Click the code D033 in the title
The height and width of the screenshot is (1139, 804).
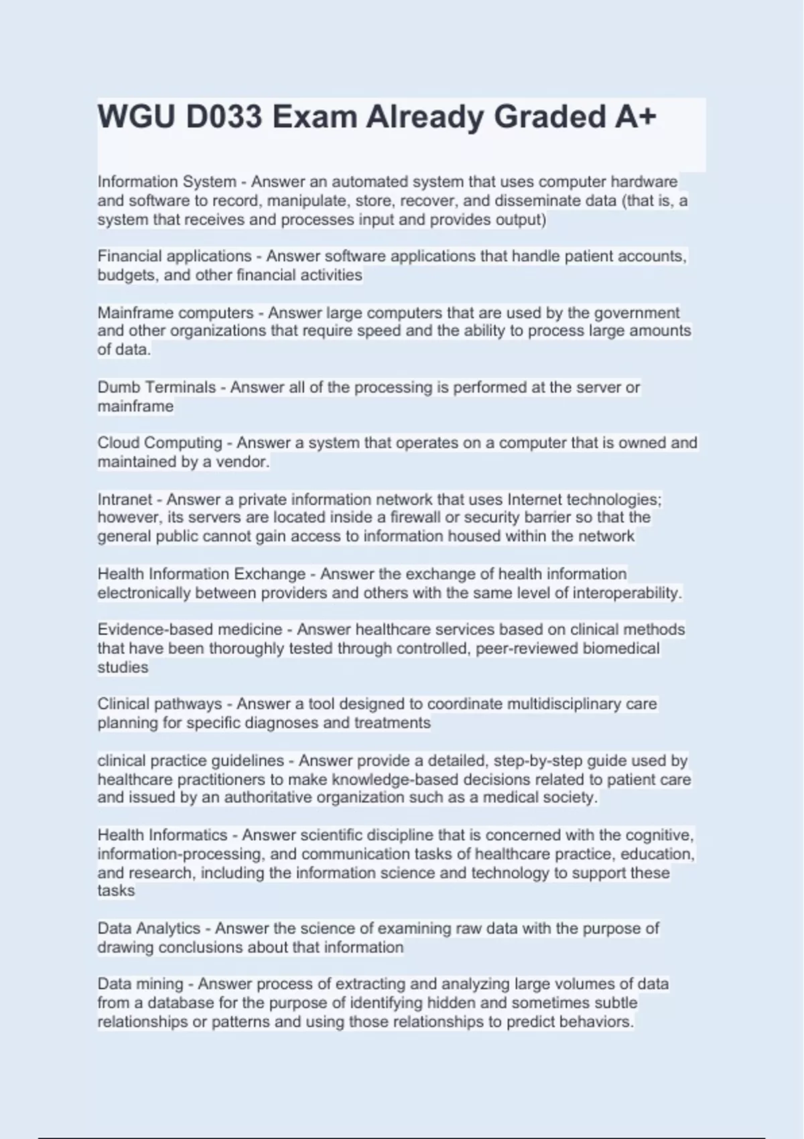point(224,117)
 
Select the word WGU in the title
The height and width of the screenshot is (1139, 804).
point(137,117)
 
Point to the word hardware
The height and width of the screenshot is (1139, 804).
point(644,182)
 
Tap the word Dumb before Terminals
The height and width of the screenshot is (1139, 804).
point(119,387)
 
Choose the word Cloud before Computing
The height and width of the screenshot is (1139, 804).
point(118,443)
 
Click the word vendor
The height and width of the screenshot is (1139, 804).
point(242,462)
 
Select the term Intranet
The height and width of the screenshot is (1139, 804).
point(125,499)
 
